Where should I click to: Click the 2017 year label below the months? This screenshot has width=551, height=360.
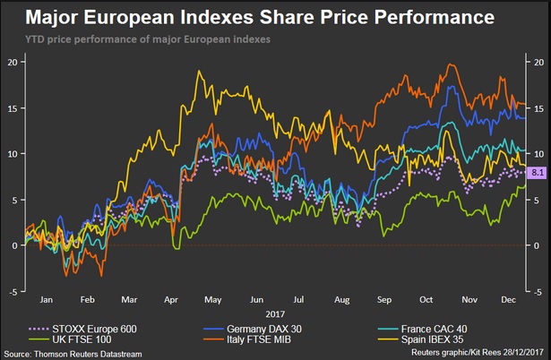tap(275, 314)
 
